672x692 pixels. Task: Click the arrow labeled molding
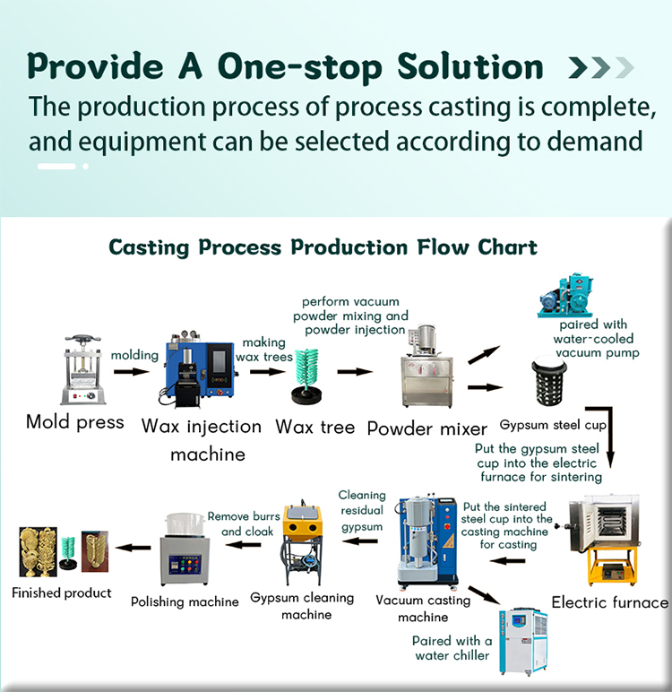[x=133, y=370]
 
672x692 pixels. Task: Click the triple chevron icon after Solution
[x=601, y=67]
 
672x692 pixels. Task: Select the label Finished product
[x=62, y=593]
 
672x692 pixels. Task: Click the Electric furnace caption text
[x=609, y=602]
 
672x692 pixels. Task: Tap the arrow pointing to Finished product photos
[x=135, y=547]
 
